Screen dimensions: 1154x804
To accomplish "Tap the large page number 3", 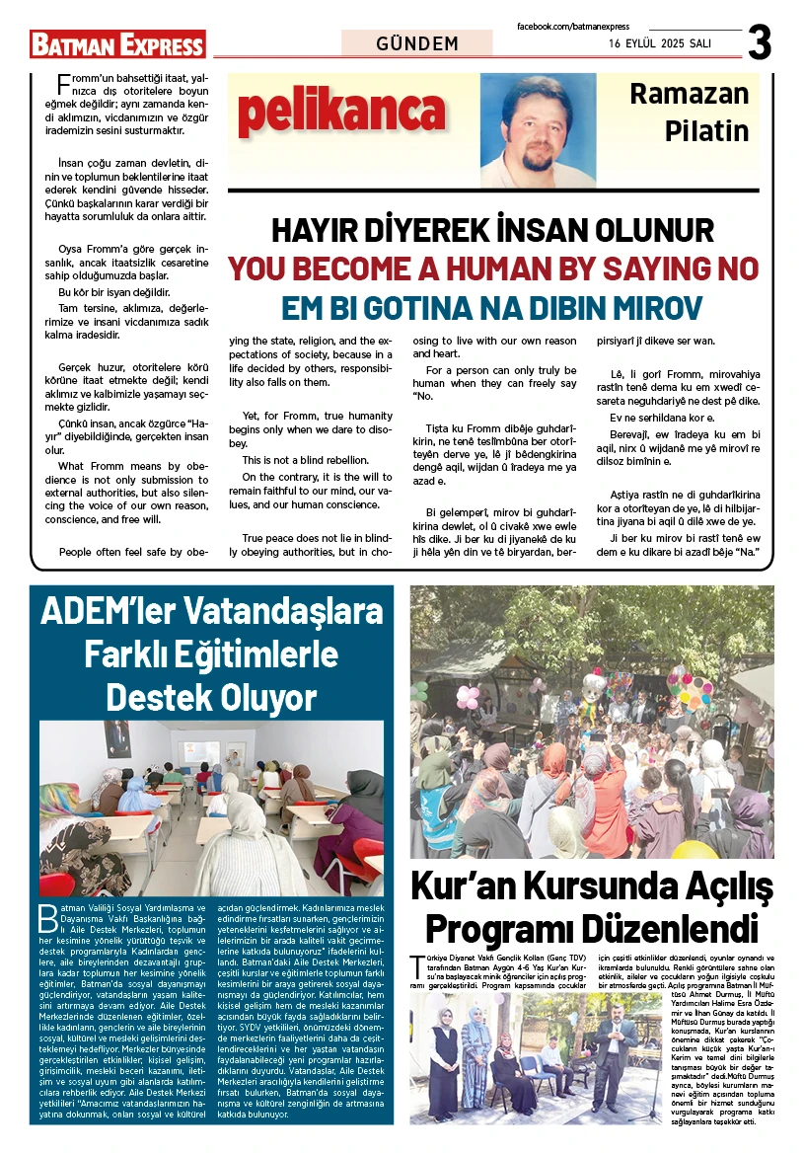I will click(x=760, y=42).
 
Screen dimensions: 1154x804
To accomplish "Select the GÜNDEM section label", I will click(x=417, y=43).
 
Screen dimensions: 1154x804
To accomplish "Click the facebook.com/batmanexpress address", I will click(x=573, y=27).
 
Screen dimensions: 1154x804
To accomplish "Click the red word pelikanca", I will click(x=340, y=114).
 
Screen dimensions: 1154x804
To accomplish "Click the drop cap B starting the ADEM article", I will click(x=45, y=915).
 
